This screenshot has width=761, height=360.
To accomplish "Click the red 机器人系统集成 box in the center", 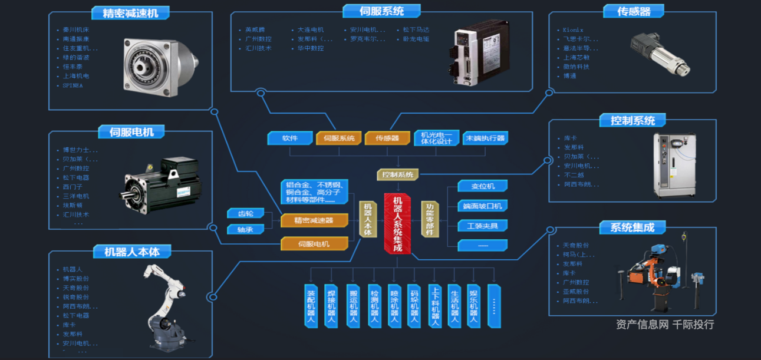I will [397, 223].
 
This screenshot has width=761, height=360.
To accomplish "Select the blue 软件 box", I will [289, 138].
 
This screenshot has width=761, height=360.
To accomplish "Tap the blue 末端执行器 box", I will [485, 138].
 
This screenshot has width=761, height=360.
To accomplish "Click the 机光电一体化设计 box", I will [436, 138].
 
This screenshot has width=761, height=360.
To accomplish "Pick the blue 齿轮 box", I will [245, 213].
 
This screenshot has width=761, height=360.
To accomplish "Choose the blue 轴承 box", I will [245, 229].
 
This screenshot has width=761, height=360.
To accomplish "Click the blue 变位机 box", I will [483, 186].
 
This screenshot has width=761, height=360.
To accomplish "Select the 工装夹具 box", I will [483, 226].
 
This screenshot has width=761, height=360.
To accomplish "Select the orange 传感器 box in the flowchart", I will [387, 138].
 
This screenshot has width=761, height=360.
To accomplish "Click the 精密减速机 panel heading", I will [130, 12].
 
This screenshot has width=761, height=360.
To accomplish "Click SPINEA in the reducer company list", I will [73, 85].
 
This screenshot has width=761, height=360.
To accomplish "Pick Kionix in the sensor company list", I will [573, 29].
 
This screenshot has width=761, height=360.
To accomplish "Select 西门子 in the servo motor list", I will [73, 187].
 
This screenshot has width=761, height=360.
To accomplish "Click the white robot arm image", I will [166, 306].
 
